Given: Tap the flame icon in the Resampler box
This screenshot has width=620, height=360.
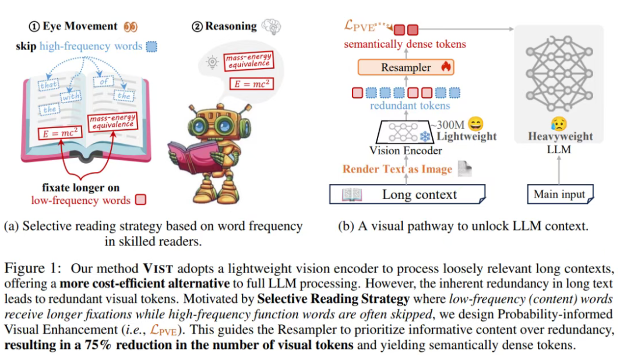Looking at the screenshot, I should (446, 67).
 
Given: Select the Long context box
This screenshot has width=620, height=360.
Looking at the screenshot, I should (408, 194).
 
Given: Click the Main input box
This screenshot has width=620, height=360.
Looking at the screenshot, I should (559, 194).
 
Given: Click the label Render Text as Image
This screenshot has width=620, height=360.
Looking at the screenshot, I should (397, 170).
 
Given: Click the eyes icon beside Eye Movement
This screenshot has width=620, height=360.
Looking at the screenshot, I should (129, 26).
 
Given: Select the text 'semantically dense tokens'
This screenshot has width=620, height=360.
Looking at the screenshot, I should (404, 44).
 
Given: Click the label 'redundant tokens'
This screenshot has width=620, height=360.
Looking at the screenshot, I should (410, 105).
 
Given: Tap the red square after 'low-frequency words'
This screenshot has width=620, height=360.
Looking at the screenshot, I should (140, 200).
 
